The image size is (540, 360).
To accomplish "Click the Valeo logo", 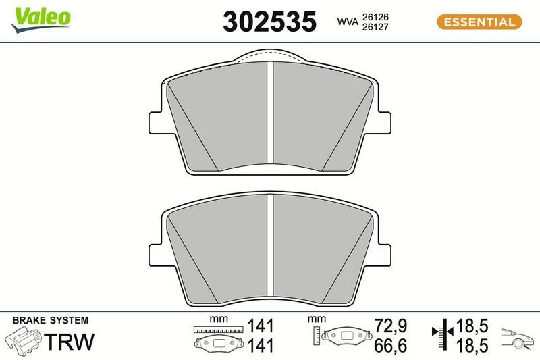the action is (x=41, y=20).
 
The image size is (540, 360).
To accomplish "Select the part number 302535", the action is (x=269, y=22).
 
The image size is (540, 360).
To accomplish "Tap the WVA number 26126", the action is (x=375, y=17).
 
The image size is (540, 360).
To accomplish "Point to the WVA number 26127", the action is (x=375, y=27).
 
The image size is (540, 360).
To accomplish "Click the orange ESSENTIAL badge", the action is (x=479, y=22).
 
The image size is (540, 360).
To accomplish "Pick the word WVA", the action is (x=348, y=22).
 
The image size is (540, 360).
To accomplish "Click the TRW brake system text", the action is (x=70, y=341).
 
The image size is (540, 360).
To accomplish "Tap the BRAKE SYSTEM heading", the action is (x=51, y=320).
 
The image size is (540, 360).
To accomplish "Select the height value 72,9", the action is (x=391, y=326).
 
